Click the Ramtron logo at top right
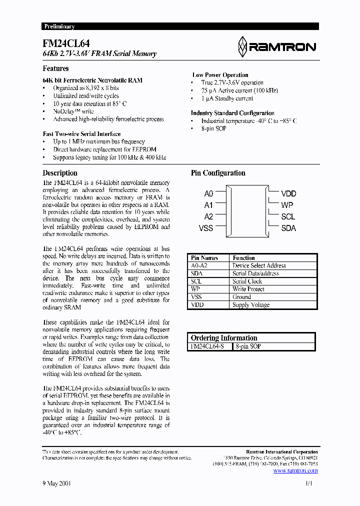point(276,46)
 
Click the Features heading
point(55,68)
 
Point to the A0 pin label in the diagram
point(208,193)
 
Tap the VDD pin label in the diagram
point(288,193)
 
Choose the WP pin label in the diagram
point(287,205)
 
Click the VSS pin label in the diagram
point(206,228)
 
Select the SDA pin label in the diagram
point(288,228)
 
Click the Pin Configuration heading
point(218,173)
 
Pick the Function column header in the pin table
point(243,258)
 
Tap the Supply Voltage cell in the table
point(251,305)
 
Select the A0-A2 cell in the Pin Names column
point(199,266)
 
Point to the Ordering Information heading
point(224,338)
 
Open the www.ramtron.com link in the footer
point(295,470)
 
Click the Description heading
point(60,173)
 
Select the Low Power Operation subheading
point(220,75)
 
